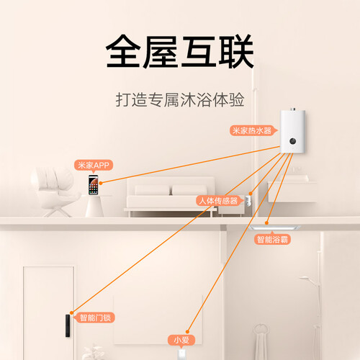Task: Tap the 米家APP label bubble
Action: point(94,166)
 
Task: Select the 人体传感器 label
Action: point(218,201)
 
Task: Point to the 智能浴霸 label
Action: point(272,239)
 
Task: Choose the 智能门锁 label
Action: point(95,318)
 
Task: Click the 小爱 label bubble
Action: point(181,340)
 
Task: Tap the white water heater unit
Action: point(292,131)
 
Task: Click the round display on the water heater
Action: point(293,141)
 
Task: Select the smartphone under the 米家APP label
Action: point(93,185)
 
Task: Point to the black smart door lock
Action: point(68,325)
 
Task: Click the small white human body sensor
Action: point(248,201)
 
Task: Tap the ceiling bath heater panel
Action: point(274,228)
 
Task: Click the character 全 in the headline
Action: point(123,51)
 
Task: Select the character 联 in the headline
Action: point(236,51)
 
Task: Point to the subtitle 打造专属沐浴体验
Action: point(180,99)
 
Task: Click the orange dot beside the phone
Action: point(101,183)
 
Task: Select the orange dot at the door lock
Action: point(71,312)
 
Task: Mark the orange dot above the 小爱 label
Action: point(188,332)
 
